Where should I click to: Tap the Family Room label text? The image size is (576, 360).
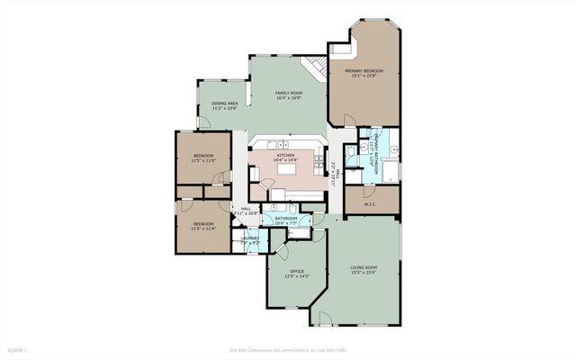pyautogui.click(x=288, y=94)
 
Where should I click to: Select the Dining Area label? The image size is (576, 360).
pyautogui.click(x=225, y=103)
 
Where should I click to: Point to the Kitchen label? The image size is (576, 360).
pyautogui.click(x=285, y=155)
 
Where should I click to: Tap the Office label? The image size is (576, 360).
pyautogui.click(x=296, y=271)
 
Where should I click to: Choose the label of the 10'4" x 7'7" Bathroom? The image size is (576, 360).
pyautogui.click(x=286, y=218)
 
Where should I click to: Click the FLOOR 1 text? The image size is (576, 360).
pyautogui.click(x=18, y=349)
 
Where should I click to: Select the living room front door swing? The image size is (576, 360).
pyautogui.click(x=322, y=319)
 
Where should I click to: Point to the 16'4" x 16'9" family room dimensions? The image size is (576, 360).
pyautogui.click(x=288, y=99)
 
